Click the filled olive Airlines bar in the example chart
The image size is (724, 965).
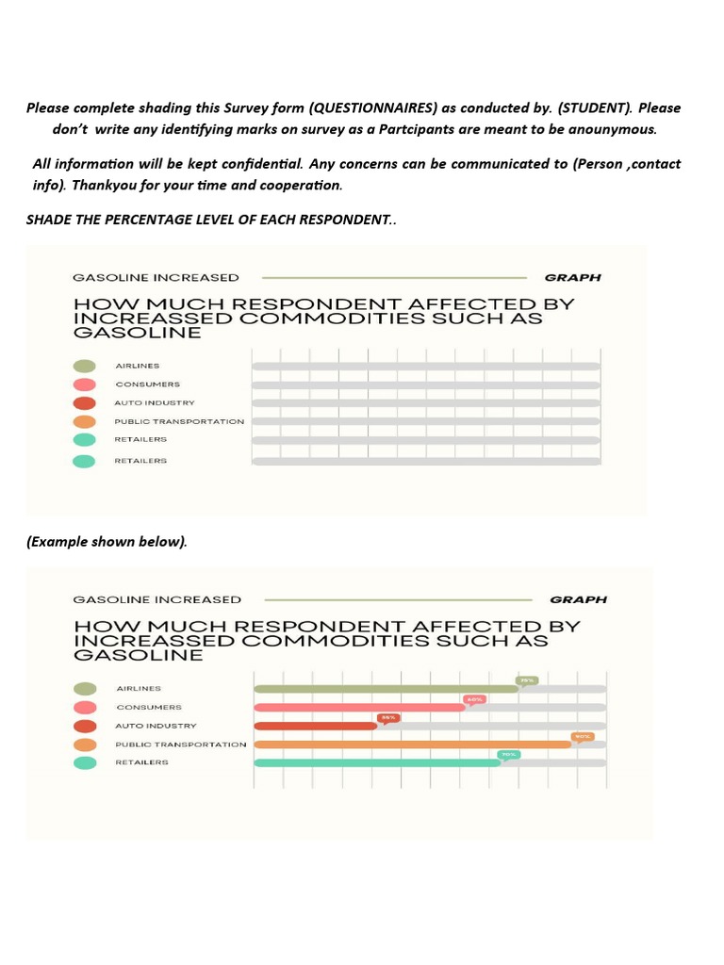click(x=387, y=689)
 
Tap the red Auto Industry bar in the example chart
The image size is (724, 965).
click(x=316, y=727)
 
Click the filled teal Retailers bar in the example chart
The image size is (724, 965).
click(x=377, y=762)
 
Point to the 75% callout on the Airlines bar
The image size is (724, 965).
click(x=527, y=680)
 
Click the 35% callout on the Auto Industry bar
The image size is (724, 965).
click(x=388, y=718)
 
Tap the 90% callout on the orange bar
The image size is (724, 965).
click(x=583, y=737)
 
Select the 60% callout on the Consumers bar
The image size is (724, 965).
click(x=474, y=699)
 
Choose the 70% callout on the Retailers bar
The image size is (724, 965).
click(x=509, y=755)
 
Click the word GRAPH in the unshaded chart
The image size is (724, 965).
click(x=572, y=278)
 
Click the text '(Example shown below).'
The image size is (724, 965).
click(x=107, y=542)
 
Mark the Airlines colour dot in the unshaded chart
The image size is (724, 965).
click(x=85, y=367)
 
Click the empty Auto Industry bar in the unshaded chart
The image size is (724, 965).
click(x=425, y=403)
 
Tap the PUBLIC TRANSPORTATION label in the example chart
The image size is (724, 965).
click(x=181, y=744)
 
